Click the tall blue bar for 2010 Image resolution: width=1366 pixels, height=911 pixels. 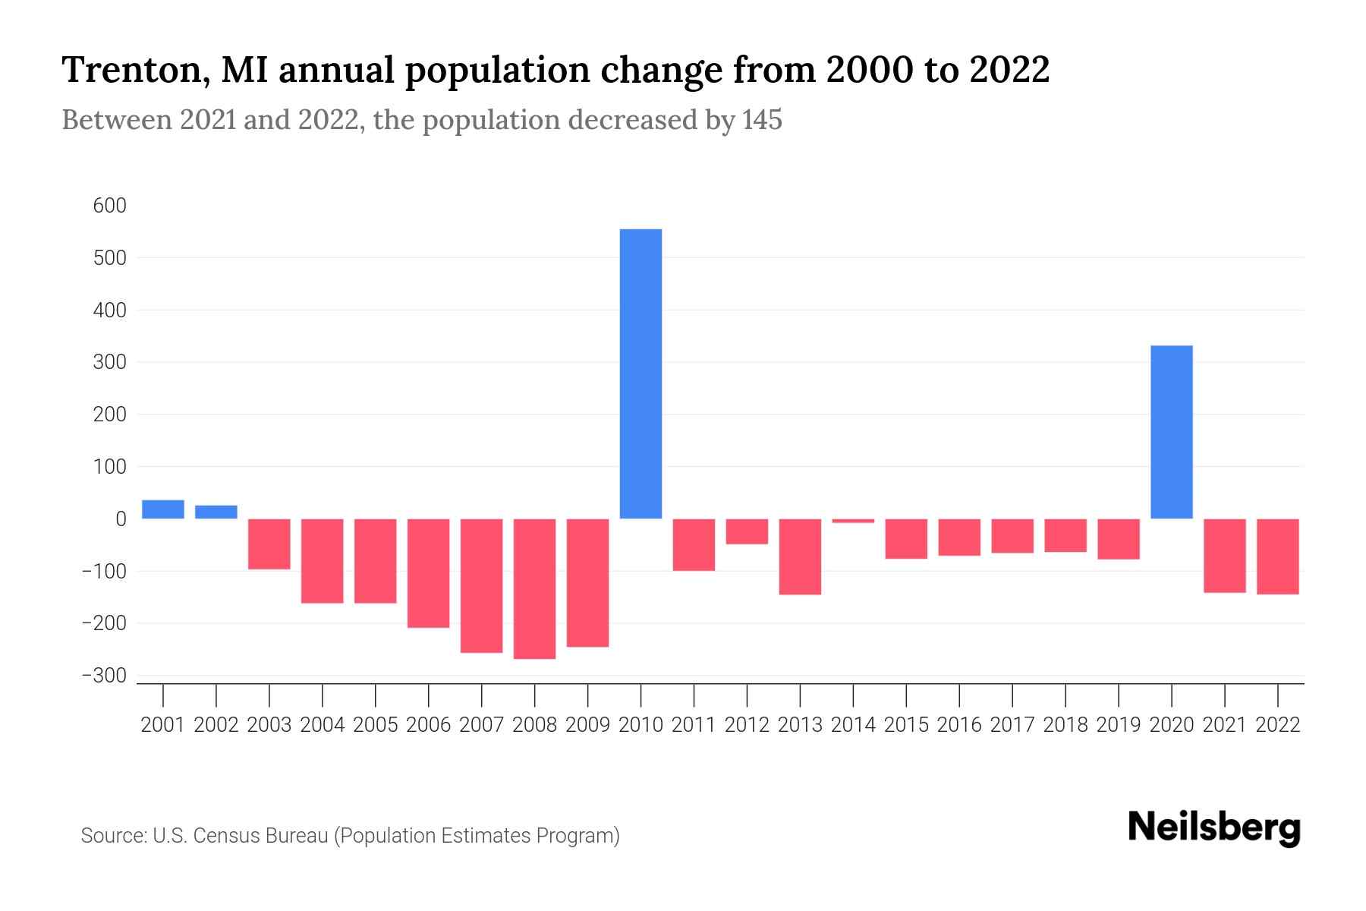point(641,374)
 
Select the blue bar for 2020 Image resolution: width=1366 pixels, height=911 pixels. point(1171,432)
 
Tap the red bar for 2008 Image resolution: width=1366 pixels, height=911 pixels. point(534,588)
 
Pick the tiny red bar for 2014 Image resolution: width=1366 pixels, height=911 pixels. point(853,521)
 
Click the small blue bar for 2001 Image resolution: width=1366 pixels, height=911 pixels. point(163,509)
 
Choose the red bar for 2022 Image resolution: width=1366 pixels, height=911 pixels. point(1277,556)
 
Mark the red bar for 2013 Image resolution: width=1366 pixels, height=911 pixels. point(800,556)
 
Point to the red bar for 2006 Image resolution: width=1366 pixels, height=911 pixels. point(428,573)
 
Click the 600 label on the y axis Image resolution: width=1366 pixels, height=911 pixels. point(110,206)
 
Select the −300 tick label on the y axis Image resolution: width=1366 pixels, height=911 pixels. point(105,676)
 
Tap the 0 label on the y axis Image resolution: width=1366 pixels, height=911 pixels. point(121,519)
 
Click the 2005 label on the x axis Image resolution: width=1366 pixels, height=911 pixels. point(376,725)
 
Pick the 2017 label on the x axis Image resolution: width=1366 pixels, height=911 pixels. point(1012,725)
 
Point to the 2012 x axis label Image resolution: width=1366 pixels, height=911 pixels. point(747,725)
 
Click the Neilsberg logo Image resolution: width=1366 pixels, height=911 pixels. point(1213,827)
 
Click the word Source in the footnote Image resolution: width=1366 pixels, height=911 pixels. point(112,836)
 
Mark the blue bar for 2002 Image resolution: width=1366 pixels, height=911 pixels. point(216,512)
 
